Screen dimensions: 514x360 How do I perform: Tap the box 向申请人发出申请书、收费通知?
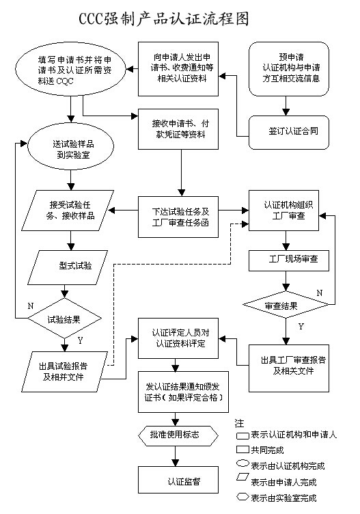tap(181, 69)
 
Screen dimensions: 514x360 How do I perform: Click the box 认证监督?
tap(180, 480)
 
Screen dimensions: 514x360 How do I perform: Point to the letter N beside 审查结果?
tap(319, 292)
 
